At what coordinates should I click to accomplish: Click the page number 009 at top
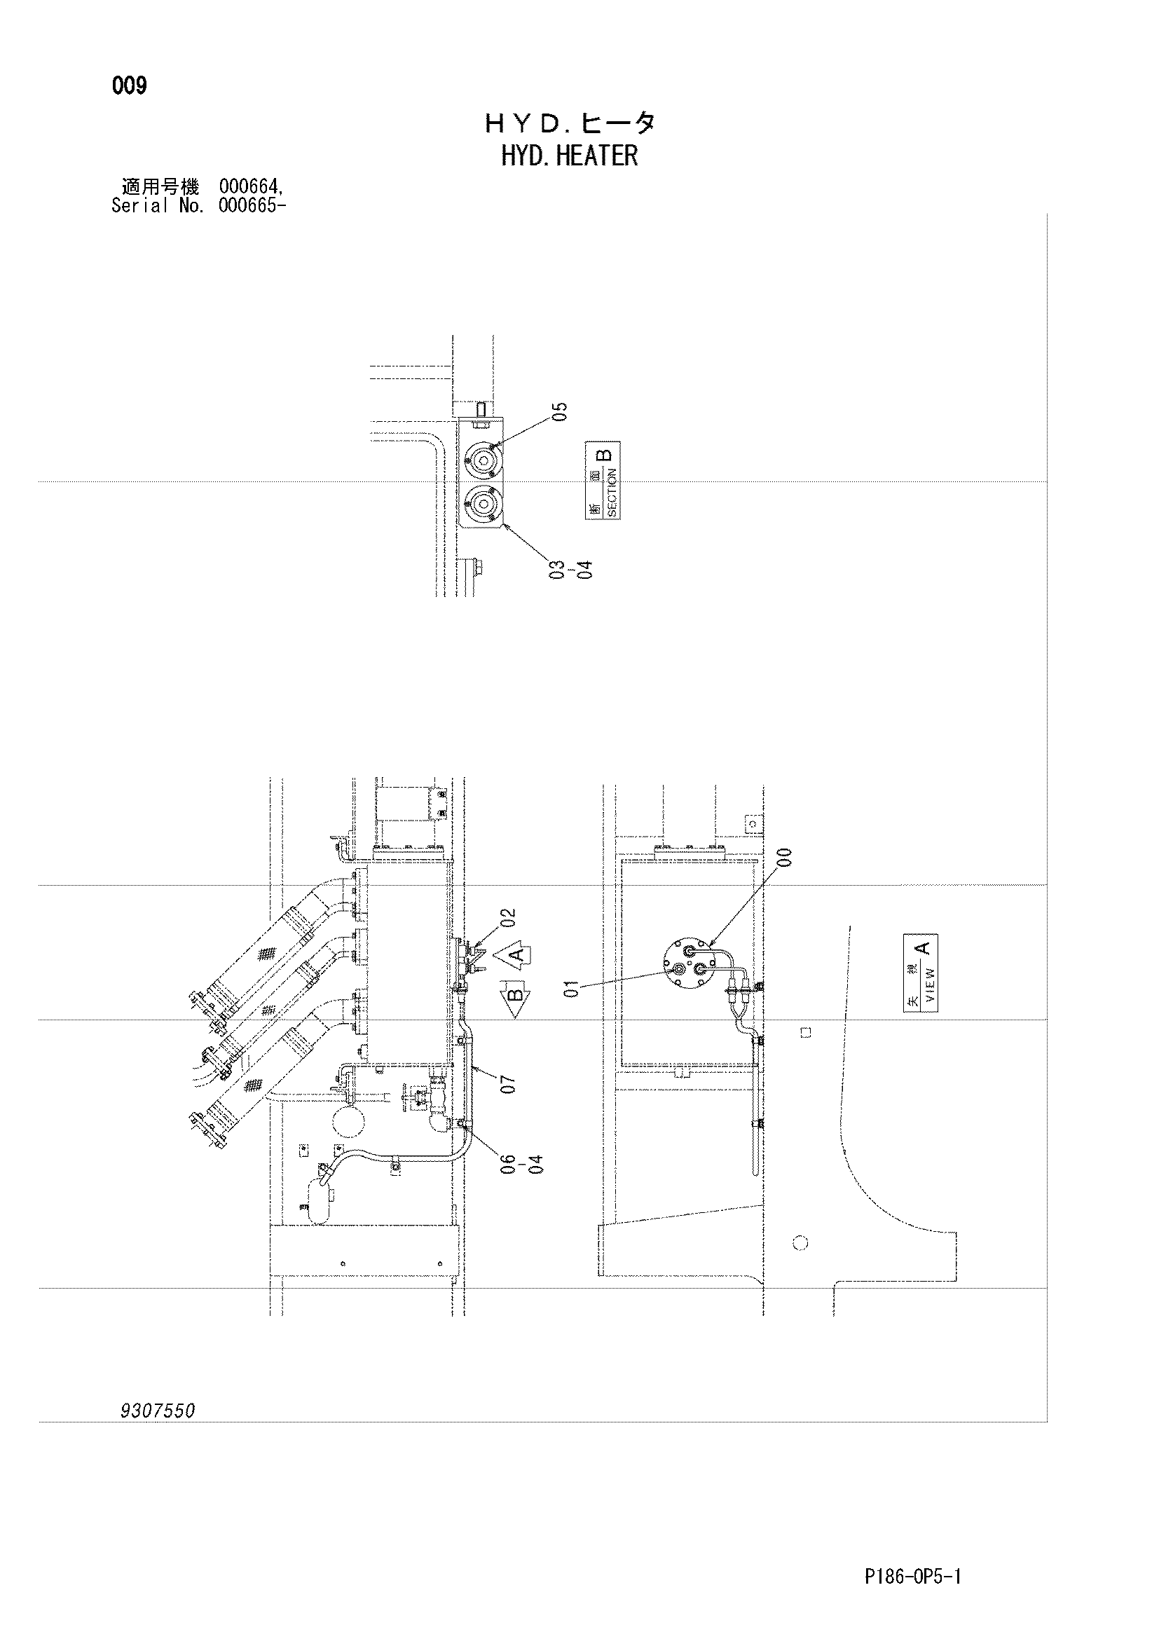(129, 86)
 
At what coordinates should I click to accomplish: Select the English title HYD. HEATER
(570, 156)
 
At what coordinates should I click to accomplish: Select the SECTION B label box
(603, 481)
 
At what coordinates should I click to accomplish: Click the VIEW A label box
(921, 973)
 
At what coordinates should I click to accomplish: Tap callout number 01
(572, 989)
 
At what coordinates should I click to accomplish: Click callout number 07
(508, 1085)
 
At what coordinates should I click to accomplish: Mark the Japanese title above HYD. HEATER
(570, 123)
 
